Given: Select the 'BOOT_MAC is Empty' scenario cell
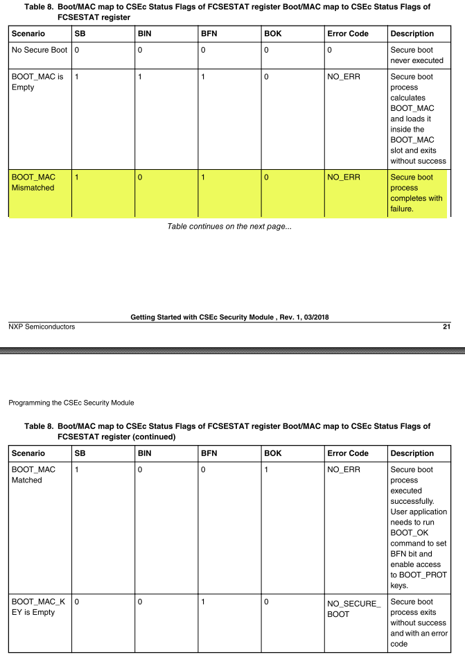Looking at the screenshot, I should coord(37,82).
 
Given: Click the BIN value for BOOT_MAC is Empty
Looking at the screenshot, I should coord(140,76).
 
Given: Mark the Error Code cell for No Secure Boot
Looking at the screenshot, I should coord(329,51).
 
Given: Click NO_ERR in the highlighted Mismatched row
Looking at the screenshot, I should coord(344,177).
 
